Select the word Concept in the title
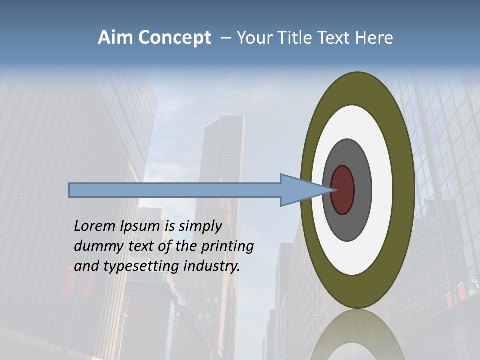pyautogui.click(x=174, y=38)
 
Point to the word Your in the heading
pyautogui.click(x=253, y=38)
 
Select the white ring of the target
pyautogui.click(x=382, y=190)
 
